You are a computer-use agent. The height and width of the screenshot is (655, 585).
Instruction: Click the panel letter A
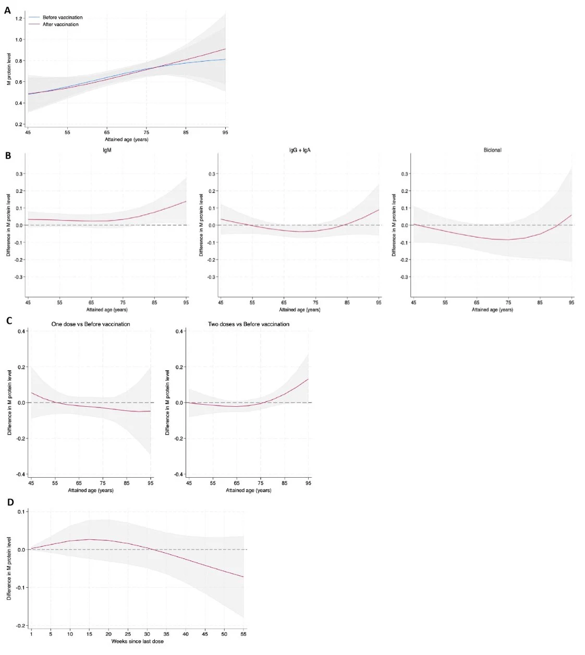7,10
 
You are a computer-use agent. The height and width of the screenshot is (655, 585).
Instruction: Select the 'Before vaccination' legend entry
62,17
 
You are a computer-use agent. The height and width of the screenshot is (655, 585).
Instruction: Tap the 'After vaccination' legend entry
60,25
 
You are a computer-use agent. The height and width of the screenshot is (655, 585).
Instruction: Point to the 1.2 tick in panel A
19,19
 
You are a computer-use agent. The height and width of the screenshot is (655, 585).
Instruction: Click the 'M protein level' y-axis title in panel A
9,69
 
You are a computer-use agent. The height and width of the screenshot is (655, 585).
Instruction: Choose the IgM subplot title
107,150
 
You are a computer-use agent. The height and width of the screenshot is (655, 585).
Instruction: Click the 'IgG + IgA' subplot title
300,150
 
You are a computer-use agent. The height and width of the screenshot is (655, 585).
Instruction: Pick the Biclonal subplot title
492,150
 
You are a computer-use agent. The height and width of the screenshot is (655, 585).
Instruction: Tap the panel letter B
8,155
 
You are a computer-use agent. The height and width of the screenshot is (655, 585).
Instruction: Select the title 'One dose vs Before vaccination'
91,324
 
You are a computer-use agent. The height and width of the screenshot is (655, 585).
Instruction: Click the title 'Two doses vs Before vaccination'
249,324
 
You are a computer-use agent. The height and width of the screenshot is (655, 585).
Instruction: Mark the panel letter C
9,321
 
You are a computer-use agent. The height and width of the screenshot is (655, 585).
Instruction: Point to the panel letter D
10,502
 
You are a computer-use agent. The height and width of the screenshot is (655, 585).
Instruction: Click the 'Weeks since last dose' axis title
137,641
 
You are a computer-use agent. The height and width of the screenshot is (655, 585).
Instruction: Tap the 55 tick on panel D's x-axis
243,634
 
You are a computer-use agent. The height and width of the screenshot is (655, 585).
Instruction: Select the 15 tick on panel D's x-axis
89,634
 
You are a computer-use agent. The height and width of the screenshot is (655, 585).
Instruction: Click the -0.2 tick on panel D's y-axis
21,625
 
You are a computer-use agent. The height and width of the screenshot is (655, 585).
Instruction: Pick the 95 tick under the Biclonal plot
571,302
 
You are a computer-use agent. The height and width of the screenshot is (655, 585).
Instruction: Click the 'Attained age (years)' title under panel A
127,139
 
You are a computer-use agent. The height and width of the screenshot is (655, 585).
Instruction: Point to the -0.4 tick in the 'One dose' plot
22,474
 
